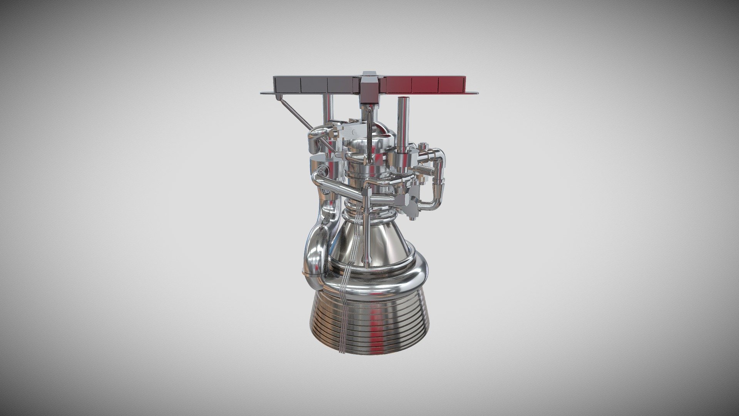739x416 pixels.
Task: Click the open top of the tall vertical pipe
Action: (403, 100)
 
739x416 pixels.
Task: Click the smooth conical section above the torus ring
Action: (389, 239)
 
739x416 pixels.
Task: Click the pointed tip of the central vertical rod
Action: (368, 265)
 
